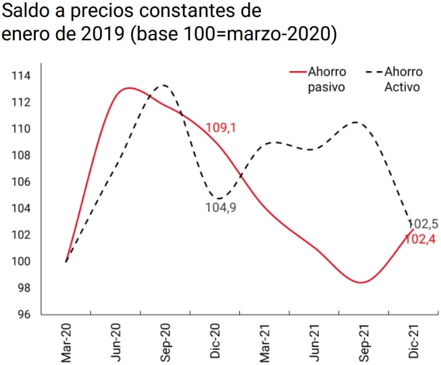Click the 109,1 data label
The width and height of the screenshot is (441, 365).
coord(220,128)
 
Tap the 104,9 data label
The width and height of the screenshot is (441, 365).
coord(220,207)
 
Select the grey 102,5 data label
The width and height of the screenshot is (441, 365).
coord(422,224)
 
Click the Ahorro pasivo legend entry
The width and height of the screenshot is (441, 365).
coord(319,79)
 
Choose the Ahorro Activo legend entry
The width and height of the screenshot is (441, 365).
coord(395,79)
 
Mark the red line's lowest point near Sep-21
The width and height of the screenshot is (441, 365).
coord(361,283)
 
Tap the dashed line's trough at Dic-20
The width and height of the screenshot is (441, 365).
coord(218,199)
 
